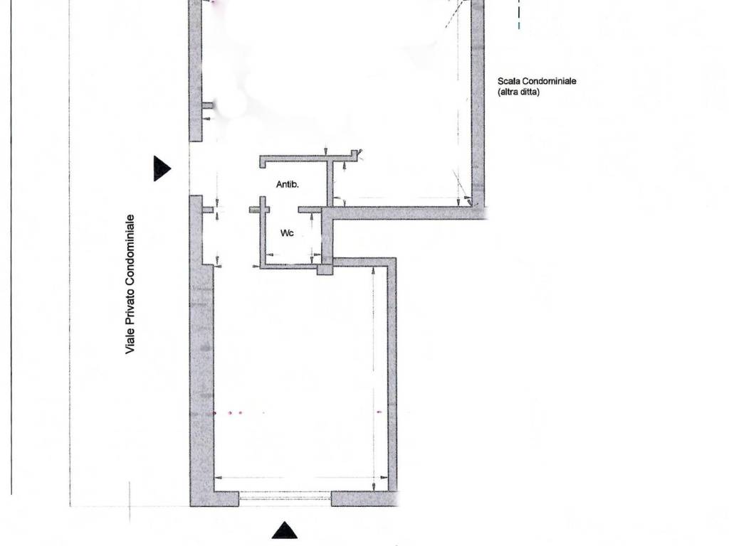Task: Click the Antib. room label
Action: click(288, 184)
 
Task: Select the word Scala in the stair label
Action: click(509, 82)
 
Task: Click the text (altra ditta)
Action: click(518, 92)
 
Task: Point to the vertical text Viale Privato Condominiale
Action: click(130, 284)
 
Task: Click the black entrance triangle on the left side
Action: click(162, 168)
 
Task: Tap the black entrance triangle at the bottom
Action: click(285, 530)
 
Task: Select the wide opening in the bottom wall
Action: click(285, 499)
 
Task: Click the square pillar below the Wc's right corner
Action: click(325, 269)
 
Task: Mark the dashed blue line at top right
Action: click(519, 14)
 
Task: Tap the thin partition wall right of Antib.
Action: click(330, 183)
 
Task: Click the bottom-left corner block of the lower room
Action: click(214, 499)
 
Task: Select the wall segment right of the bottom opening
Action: click(363, 499)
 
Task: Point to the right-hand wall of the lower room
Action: click(392, 377)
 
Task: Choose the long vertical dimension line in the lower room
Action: click(374, 377)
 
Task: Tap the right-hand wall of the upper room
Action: click(478, 107)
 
